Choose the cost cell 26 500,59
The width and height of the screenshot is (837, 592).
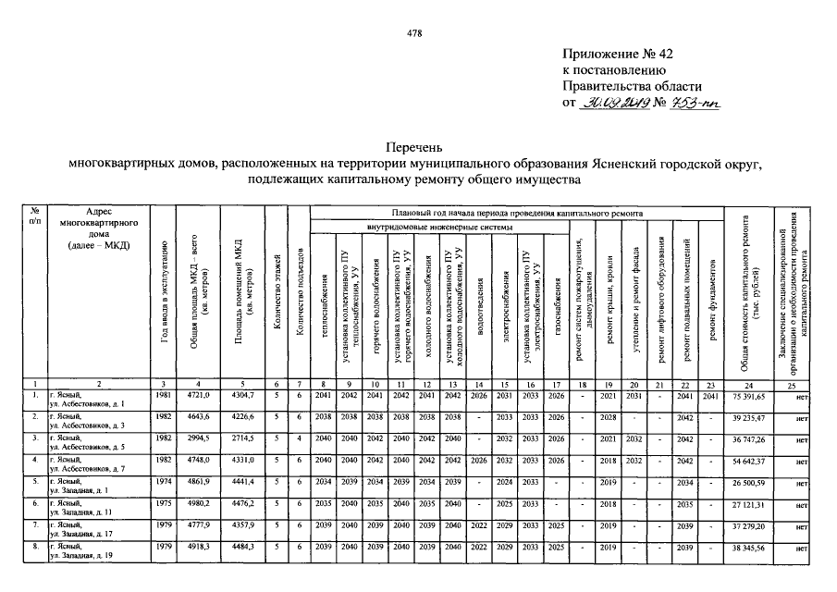pyautogui.click(x=749, y=482)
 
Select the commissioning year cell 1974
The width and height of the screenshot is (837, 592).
pyautogui.click(x=164, y=482)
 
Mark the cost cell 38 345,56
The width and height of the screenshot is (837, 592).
pyautogui.click(x=749, y=549)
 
